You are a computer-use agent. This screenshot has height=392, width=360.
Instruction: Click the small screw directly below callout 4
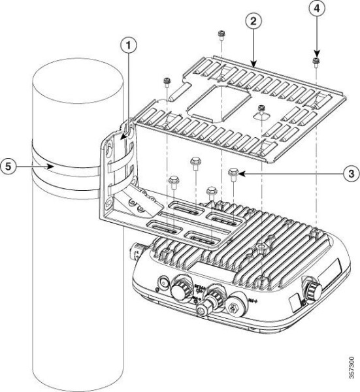click(316, 61)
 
